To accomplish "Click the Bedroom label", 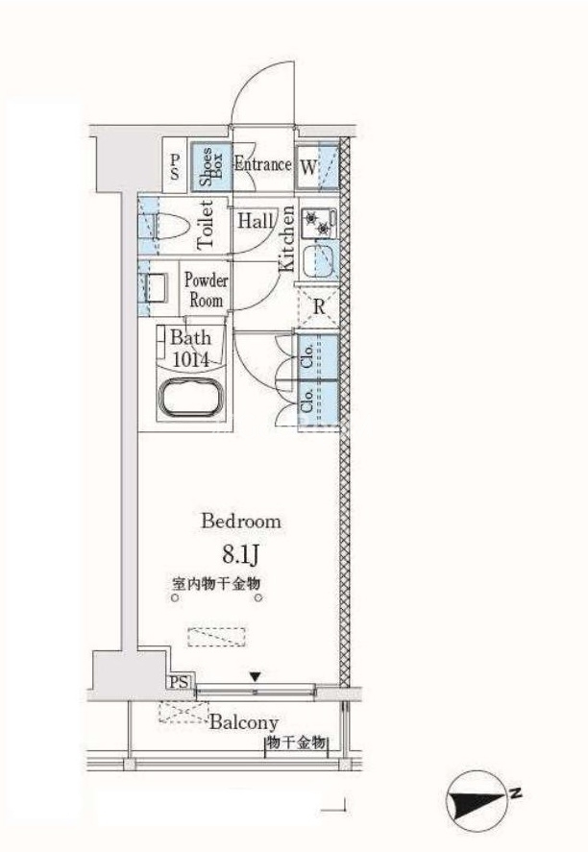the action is (x=241, y=521).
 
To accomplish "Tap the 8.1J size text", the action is (x=239, y=555).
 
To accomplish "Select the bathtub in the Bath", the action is (x=190, y=396).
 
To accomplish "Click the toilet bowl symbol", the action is (x=171, y=226).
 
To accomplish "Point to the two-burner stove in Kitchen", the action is (x=318, y=224).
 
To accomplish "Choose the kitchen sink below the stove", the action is (x=318, y=261).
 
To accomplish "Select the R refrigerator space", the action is (x=318, y=307).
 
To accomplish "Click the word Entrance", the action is (x=263, y=163).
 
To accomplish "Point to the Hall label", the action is (x=256, y=221).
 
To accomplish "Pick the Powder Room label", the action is (x=206, y=290).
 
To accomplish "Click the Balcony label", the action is (x=244, y=722).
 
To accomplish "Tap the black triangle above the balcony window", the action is (x=255, y=677).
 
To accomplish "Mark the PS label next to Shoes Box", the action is (x=175, y=166).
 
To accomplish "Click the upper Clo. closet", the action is (x=317, y=356).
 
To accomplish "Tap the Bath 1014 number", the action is (x=190, y=359).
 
